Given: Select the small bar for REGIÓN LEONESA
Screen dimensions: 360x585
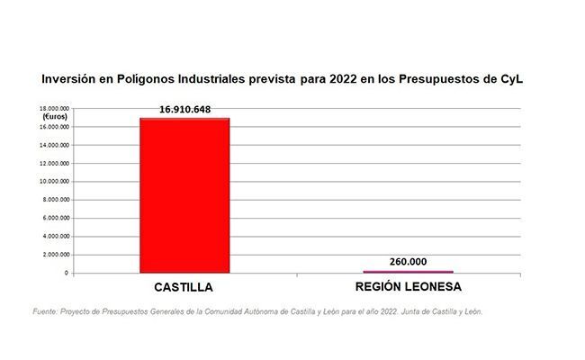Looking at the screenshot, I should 408,271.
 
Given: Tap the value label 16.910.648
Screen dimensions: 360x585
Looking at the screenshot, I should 185,110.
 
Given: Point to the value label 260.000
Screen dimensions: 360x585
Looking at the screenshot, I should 408,262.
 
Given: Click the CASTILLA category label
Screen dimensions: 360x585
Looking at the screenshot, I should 184,288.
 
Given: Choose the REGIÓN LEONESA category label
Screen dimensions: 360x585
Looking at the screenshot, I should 409,288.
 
